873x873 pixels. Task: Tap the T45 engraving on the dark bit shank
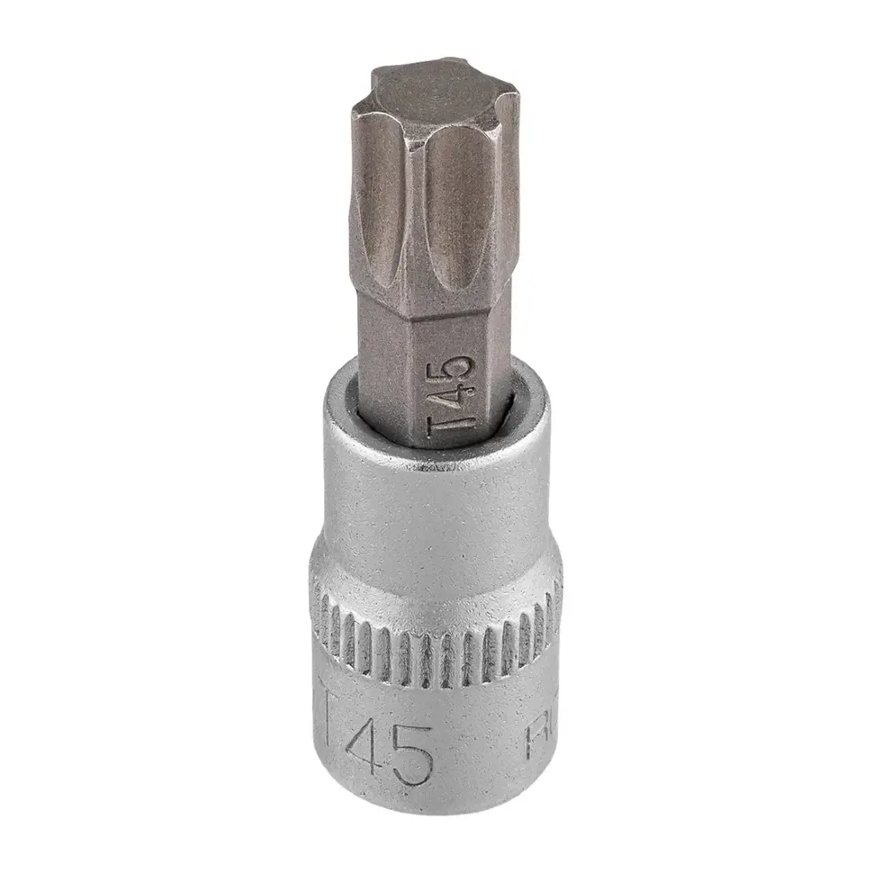coord(451,400)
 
